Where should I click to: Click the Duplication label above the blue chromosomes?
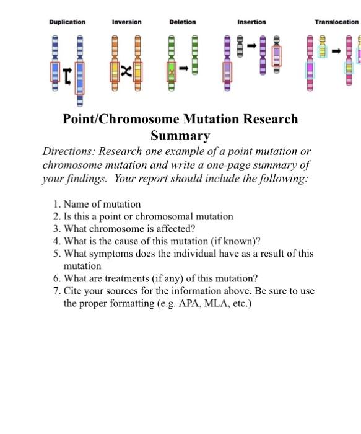(x=67, y=22)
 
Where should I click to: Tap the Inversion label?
(x=126, y=22)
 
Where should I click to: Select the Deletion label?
(x=182, y=22)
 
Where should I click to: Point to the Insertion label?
(x=251, y=22)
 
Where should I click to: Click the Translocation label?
(x=336, y=22)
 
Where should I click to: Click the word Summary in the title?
(x=180, y=135)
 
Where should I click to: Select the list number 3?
(x=56, y=229)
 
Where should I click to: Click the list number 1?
(x=56, y=204)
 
